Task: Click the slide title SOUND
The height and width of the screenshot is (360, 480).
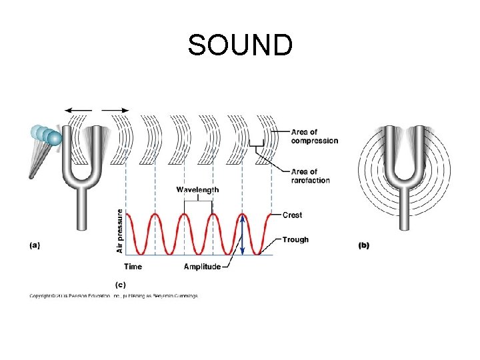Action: [x=240, y=45]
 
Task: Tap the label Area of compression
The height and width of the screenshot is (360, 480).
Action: [x=314, y=137]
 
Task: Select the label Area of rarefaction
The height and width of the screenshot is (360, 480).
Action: [x=310, y=176]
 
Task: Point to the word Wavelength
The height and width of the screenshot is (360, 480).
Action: [x=197, y=190]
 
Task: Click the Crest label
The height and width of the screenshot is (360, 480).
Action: [x=292, y=215]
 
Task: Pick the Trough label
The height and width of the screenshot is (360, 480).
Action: [x=295, y=239]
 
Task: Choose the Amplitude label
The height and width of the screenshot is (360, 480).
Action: [x=202, y=267]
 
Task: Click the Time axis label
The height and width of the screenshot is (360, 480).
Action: [x=133, y=267]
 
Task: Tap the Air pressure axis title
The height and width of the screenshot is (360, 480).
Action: [x=120, y=231]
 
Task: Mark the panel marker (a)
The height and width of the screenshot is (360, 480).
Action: [x=35, y=245]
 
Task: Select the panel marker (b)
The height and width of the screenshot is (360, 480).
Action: [x=364, y=245]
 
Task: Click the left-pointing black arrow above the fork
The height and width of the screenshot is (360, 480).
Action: [x=77, y=111]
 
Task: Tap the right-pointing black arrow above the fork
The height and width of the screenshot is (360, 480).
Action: [x=117, y=111]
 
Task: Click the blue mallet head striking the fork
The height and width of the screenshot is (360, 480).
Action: [x=53, y=138]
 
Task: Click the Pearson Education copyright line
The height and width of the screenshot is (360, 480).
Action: [x=113, y=296]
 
